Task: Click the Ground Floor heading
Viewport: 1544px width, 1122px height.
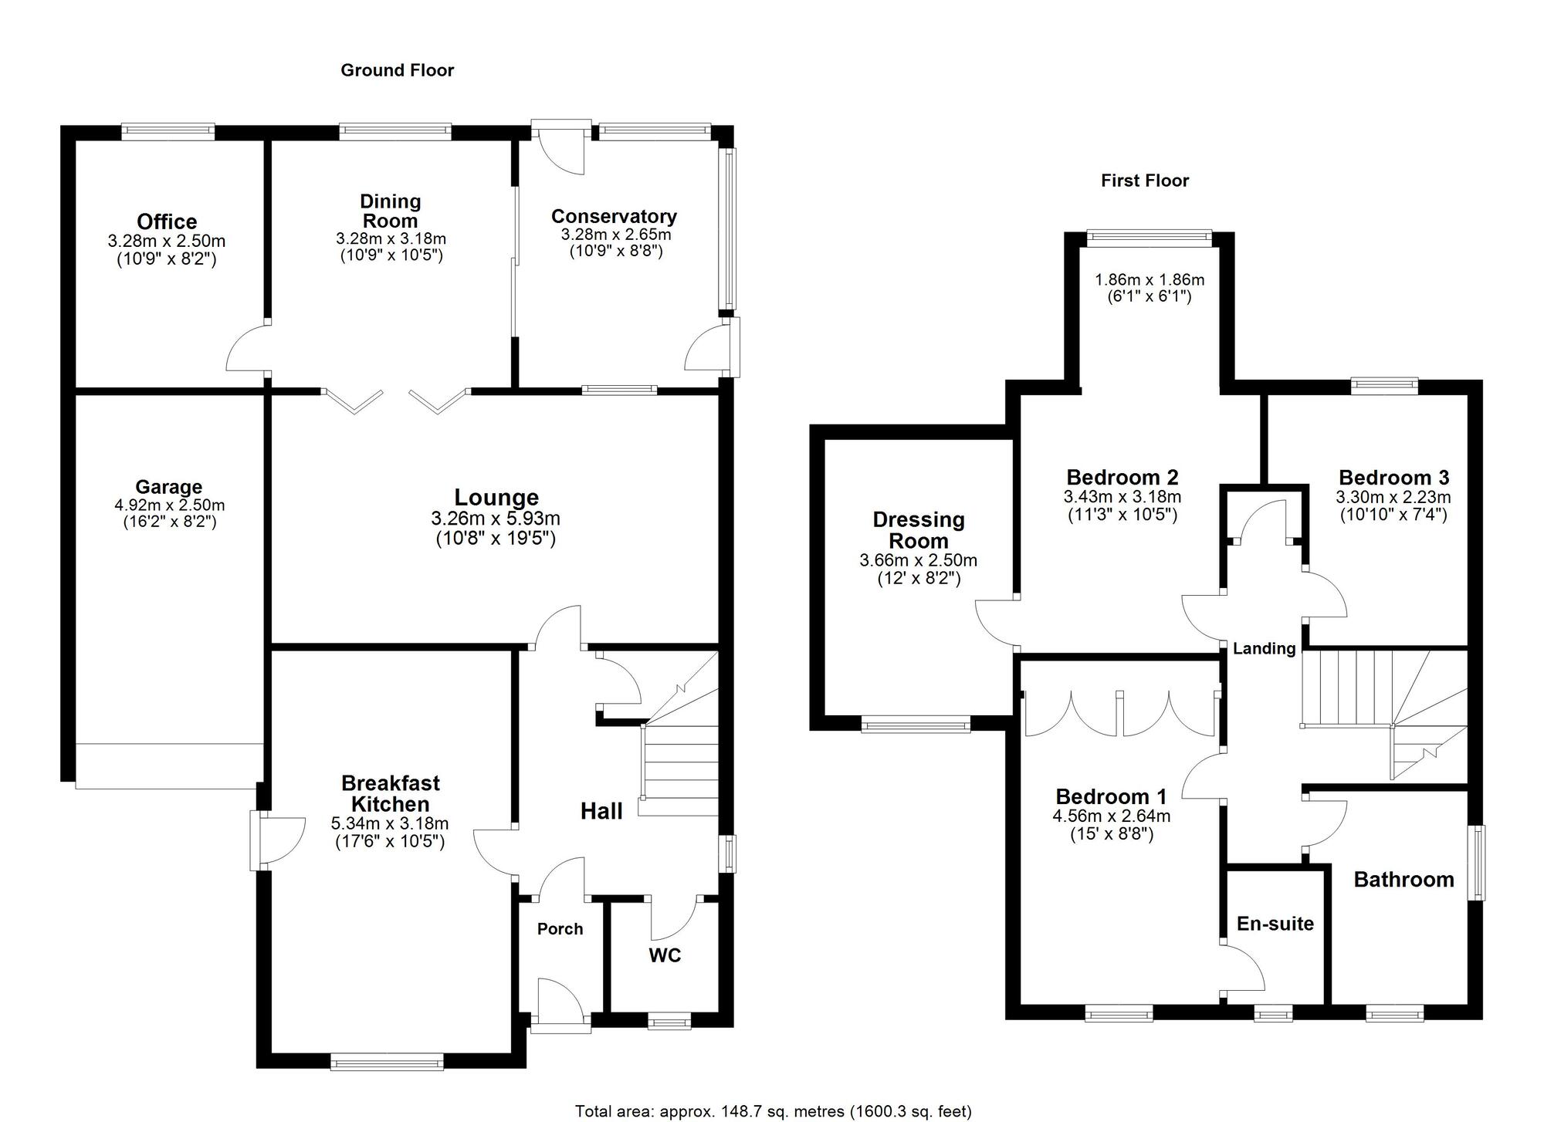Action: click(x=397, y=70)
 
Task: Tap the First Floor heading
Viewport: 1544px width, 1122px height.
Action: click(x=1145, y=181)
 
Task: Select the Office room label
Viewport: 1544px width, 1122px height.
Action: click(x=167, y=221)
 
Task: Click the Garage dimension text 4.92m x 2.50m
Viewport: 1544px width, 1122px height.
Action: click(x=169, y=505)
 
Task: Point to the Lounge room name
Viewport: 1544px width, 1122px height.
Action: click(x=496, y=498)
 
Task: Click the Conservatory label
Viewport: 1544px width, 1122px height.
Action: click(x=614, y=216)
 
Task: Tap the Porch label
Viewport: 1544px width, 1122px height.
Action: click(x=560, y=929)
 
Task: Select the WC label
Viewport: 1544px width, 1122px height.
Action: click(x=665, y=955)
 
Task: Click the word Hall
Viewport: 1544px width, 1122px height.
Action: click(x=601, y=811)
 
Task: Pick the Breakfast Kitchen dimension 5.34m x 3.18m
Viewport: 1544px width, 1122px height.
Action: click(x=390, y=823)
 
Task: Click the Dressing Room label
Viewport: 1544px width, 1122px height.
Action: click(x=919, y=530)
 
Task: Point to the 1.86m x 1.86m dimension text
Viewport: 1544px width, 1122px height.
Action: click(x=1150, y=279)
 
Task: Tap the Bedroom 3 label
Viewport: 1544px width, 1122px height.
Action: click(x=1393, y=477)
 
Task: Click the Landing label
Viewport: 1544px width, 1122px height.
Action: click(x=1264, y=648)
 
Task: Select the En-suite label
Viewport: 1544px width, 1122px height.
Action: click(x=1275, y=924)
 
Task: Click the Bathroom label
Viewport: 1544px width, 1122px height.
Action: click(x=1403, y=880)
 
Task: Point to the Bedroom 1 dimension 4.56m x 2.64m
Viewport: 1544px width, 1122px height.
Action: click(x=1111, y=816)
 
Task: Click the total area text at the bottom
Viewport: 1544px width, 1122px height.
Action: click(x=773, y=1111)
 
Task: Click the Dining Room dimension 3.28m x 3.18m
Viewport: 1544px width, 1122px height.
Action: click(x=391, y=239)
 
